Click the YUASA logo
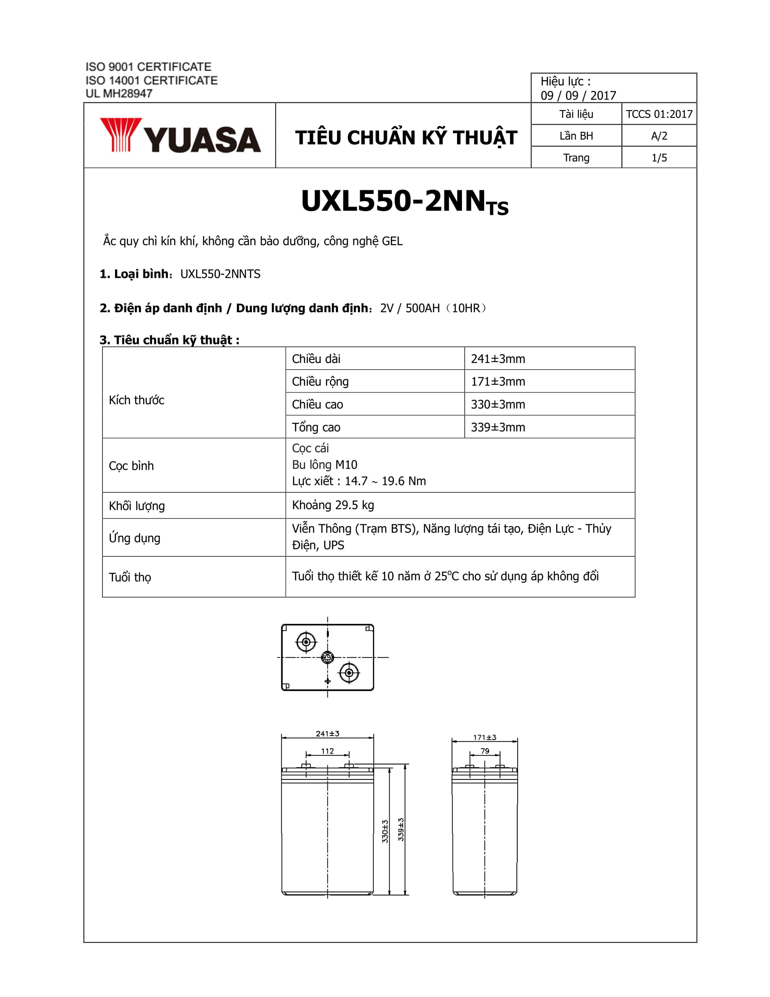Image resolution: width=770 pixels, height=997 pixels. click(180, 136)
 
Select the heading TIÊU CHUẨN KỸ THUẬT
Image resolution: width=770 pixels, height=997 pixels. click(406, 137)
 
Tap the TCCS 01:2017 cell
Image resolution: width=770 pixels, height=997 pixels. click(659, 114)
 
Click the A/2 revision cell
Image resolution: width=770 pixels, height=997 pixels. click(659, 136)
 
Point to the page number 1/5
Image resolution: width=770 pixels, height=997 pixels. click(659, 158)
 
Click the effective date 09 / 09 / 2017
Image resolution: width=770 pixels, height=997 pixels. click(578, 96)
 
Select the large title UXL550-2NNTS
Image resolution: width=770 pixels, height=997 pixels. click(404, 202)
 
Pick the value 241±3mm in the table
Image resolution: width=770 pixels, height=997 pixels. click(498, 359)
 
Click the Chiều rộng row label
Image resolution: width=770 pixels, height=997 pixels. click(320, 382)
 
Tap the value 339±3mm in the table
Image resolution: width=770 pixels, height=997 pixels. click(498, 427)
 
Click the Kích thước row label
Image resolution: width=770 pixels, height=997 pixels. click(136, 400)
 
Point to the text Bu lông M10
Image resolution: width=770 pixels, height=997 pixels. click(324, 465)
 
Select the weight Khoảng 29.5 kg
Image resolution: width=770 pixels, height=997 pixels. click(332, 505)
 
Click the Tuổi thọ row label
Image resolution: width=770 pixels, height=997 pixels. click(130, 577)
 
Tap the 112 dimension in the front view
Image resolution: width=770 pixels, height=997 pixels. click(327, 751)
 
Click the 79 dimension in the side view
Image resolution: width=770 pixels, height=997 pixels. click(485, 751)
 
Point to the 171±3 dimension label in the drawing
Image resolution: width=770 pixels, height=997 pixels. click(485, 737)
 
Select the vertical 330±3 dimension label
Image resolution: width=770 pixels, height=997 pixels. click(385, 831)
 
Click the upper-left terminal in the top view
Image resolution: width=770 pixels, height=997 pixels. click(306, 642)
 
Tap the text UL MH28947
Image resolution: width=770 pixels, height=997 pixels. click(119, 94)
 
